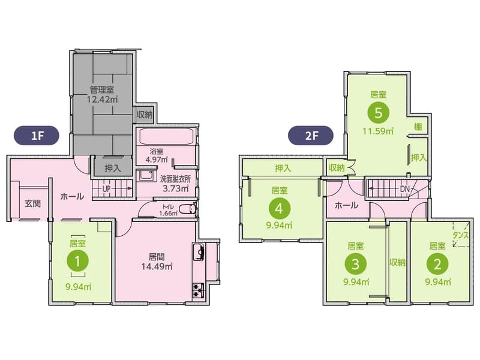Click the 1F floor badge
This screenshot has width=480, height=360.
tap(37, 136)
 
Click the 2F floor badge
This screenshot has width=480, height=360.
tap(311, 136)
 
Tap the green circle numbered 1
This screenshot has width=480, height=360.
tap(78, 261)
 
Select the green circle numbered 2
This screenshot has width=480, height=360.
tap(437, 263)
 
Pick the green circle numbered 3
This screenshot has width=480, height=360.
tap(355, 263)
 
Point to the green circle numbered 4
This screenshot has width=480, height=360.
tap(279, 208)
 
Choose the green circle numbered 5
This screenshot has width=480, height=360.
tap(379, 113)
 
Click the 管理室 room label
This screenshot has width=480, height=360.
tap(102, 89)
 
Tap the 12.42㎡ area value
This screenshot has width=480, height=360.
tap(102, 100)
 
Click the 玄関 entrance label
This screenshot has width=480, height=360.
tap(33, 203)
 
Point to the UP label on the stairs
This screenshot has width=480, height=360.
tap(106, 189)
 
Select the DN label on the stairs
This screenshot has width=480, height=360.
tap(404, 189)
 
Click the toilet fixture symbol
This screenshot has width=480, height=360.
tap(187, 209)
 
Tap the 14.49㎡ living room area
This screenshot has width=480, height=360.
tap(157, 266)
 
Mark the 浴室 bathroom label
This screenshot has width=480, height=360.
tap(157, 151)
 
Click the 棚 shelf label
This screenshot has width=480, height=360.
tap(418, 127)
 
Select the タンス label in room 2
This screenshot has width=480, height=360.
tap(460, 235)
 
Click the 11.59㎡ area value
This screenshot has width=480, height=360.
tap(378, 131)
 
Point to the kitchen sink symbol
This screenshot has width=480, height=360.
tap(199, 252)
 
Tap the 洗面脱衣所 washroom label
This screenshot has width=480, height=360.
tap(175, 179)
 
